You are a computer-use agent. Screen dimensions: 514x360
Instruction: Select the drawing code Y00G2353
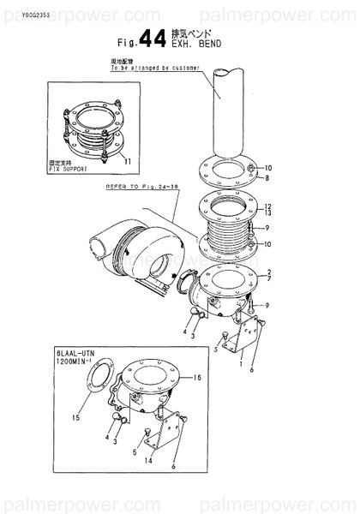pos(19,15)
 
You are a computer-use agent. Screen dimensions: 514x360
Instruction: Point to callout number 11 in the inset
pos(128,160)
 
